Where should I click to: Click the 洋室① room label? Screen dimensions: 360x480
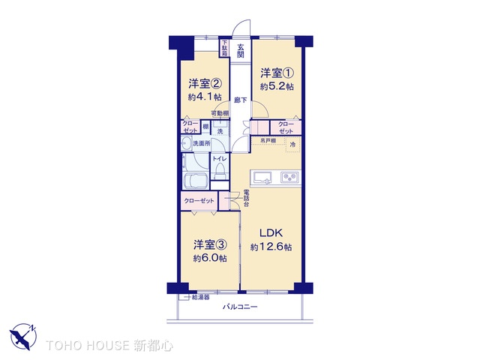coord(276,73)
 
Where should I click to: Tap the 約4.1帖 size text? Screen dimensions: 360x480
coord(204,97)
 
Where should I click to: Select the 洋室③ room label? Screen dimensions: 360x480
coord(210,244)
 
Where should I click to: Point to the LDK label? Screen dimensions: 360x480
coord(271,233)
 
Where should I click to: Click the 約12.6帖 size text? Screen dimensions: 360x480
coord(271,247)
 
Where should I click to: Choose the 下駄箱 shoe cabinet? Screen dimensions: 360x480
coord(223,48)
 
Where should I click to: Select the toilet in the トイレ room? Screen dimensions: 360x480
coord(219,171)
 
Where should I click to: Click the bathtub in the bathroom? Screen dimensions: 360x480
coord(196,182)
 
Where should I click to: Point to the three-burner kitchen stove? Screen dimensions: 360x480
coord(289,178)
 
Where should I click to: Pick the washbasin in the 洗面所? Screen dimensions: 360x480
coord(184,143)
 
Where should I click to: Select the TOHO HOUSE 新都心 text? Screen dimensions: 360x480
coord(109,345)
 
